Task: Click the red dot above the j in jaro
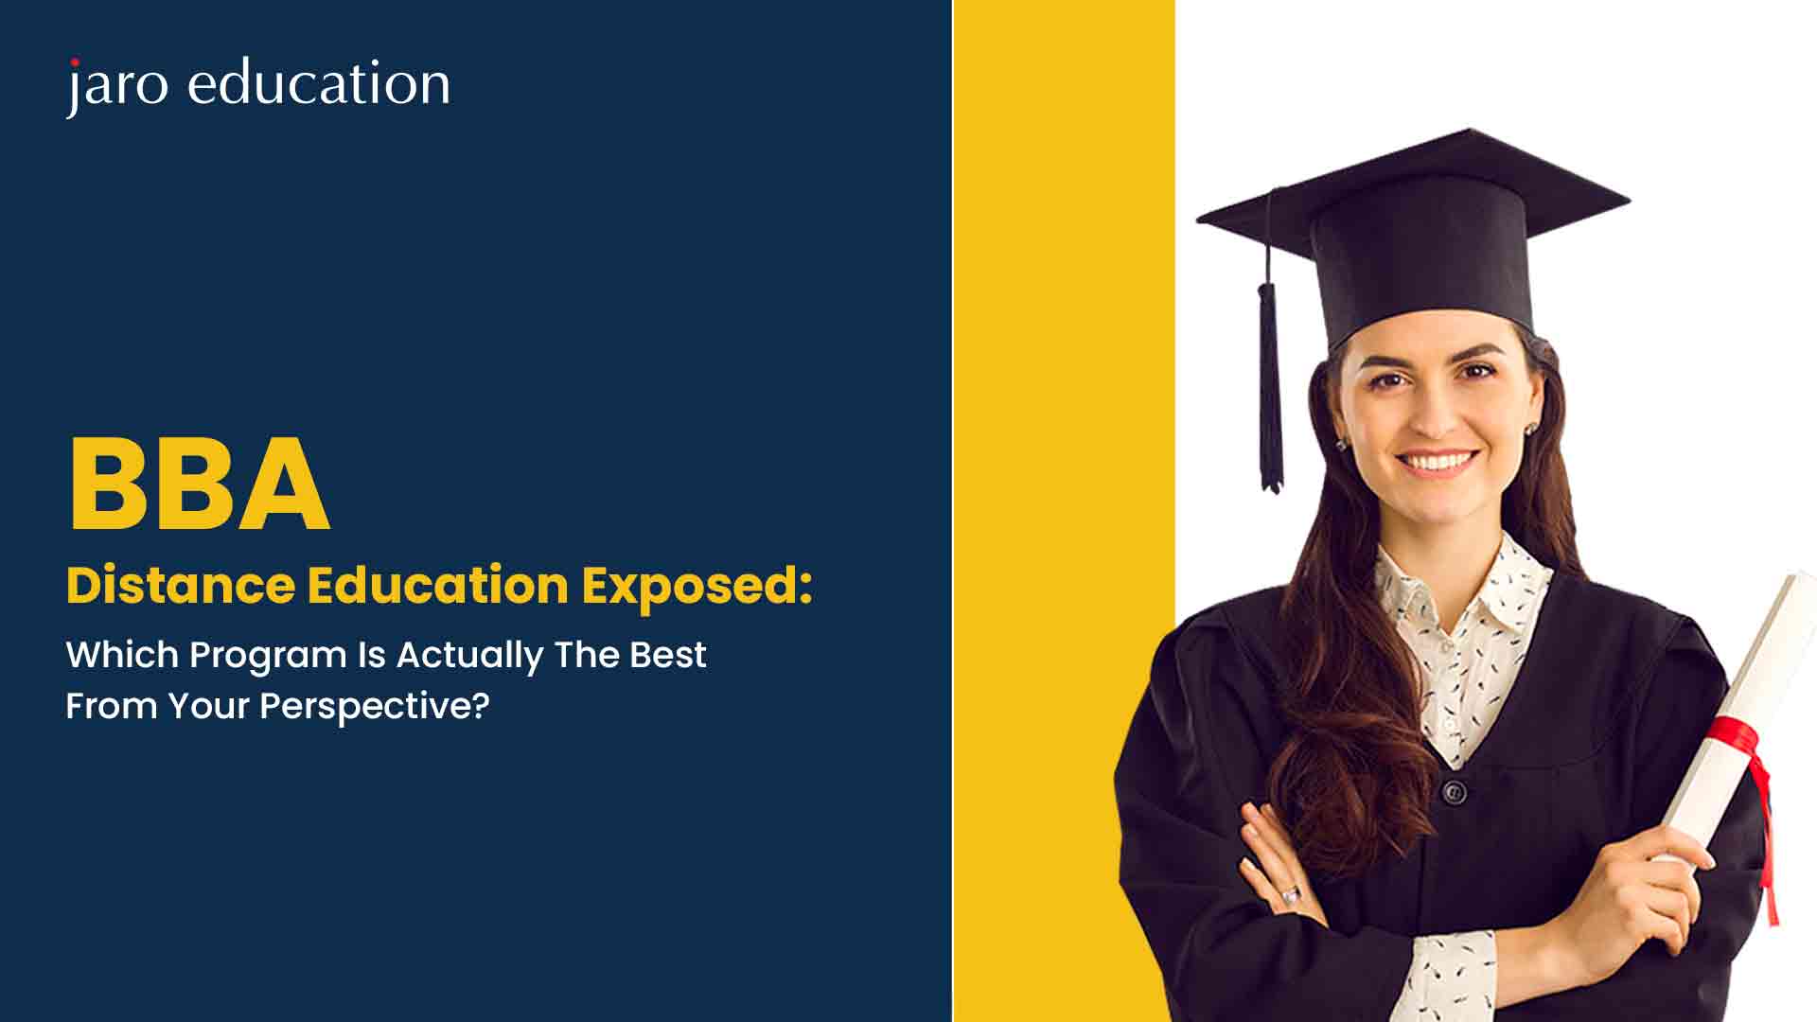pos(74,63)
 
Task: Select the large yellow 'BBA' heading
pos(199,485)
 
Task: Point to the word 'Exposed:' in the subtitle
pos(697,585)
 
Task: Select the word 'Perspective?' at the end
pos(374,706)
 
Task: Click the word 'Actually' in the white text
pos(469,655)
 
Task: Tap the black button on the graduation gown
pos(1455,791)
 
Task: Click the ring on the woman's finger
pos(1290,892)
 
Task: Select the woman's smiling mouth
pos(1437,464)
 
